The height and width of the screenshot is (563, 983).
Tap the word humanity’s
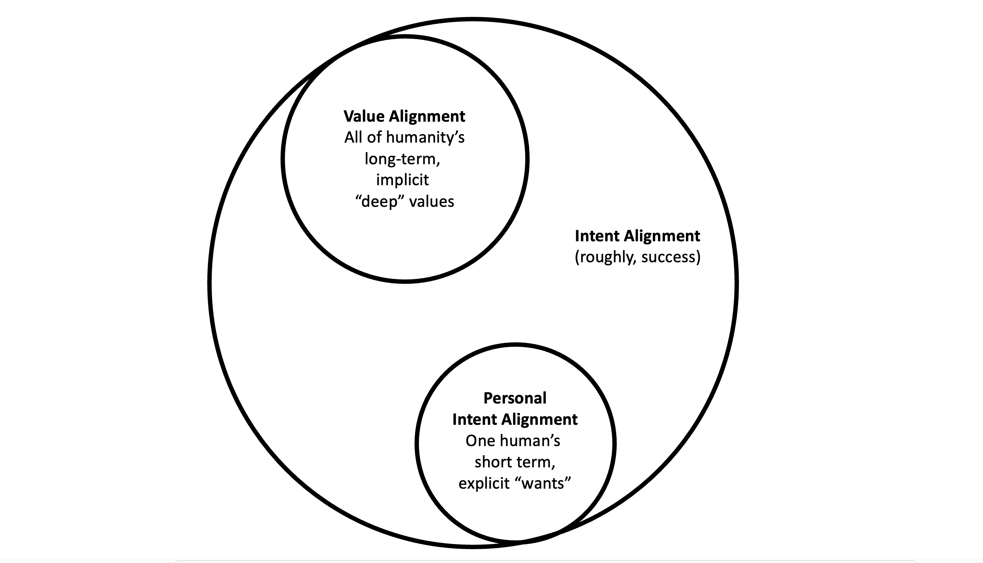click(425, 137)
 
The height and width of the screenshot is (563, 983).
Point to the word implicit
click(402, 180)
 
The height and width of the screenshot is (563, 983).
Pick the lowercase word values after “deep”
click(432, 201)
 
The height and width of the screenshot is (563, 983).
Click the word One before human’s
click(479, 441)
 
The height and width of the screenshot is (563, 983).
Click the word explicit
click(484, 483)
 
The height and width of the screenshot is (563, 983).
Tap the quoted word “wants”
click(544, 483)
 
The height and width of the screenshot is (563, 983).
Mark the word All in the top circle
click(353, 137)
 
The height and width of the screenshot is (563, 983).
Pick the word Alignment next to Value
click(427, 116)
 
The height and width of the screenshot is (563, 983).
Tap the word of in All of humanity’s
click(374, 137)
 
